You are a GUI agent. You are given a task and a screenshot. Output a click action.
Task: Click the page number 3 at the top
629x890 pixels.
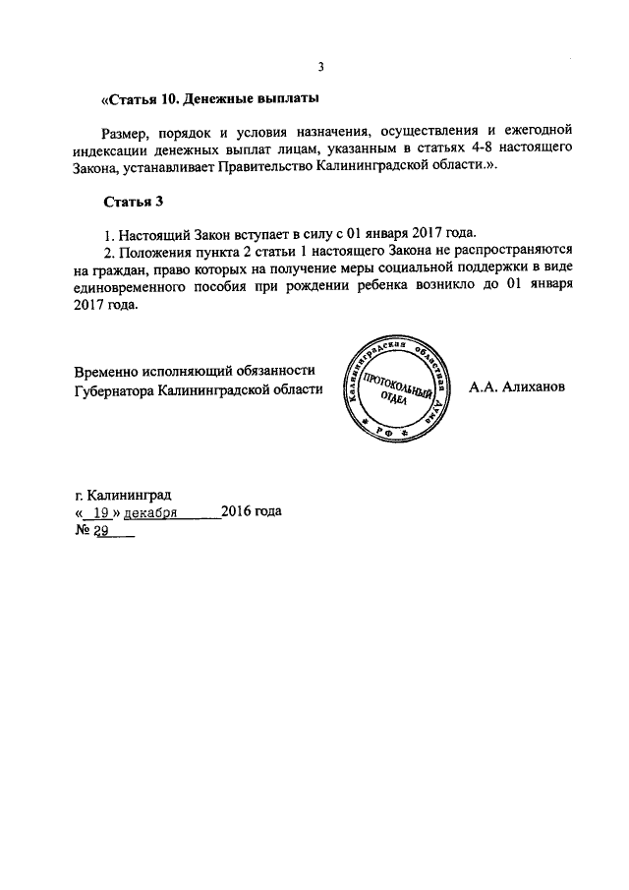tap(320, 67)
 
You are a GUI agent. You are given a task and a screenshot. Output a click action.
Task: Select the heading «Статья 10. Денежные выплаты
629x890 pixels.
tap(210, 100)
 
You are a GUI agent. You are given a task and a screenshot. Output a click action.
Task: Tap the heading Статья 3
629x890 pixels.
tap(133, 203)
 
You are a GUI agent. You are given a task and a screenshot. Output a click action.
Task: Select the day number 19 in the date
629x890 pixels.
tap(96, 512)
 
